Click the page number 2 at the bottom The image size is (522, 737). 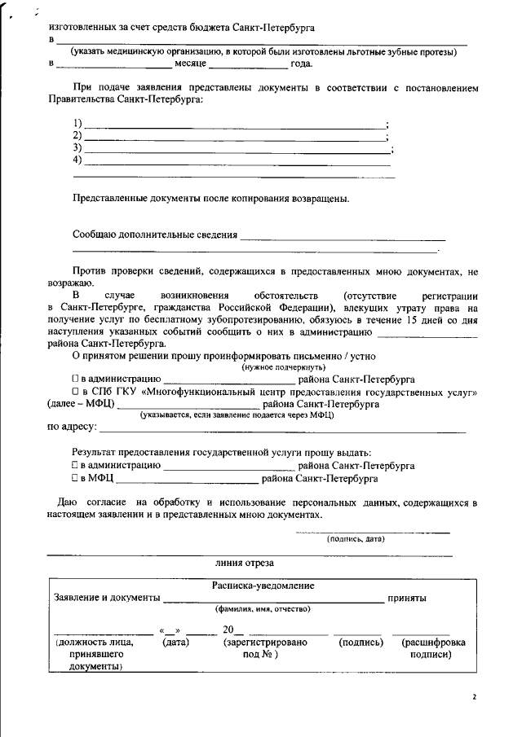[x=474, y=697]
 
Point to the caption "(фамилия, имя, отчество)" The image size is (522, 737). [x=262, y=609]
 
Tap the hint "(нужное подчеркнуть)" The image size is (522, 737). [x=277, y=367]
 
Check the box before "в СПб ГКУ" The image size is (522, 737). [x=74, y=392]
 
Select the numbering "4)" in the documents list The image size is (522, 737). [x=77, y=160]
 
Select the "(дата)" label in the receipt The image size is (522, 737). [x=176, y=643]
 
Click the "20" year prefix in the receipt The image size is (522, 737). [x=228, y=629]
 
